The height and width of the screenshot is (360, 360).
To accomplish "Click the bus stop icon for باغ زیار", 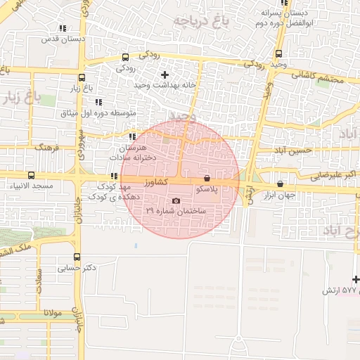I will click(82, 78).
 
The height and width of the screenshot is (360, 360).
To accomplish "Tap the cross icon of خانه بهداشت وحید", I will click(165, 75).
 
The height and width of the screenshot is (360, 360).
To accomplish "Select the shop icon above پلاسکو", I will click(206, 179).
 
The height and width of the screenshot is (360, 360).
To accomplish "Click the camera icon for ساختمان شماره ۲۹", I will click(176, 201).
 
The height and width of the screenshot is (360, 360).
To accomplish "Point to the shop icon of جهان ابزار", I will click(281, 184).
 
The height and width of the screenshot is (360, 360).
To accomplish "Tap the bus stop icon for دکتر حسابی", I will click(77, 257).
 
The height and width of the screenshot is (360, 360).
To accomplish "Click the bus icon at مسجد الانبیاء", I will click(30, 175).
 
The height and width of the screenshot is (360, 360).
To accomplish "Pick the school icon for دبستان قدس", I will click(63, 29).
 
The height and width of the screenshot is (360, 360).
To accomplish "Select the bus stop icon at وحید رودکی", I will click(278, 53).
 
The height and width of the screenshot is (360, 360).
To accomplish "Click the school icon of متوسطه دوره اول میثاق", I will click(98, 102).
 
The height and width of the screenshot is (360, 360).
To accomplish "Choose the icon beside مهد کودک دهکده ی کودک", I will click(113, 176).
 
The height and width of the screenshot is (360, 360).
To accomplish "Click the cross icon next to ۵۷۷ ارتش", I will click(356, 280).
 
